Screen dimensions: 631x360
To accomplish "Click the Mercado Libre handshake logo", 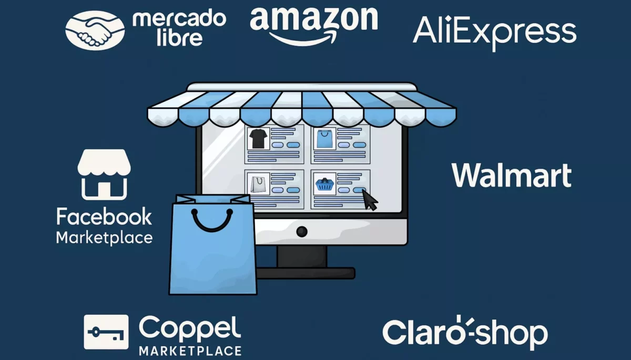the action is click(95, 30).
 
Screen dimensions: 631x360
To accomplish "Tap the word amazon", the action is click(314, 19).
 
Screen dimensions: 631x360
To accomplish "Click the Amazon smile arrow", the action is click(303, 39).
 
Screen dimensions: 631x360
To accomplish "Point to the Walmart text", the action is click(512, 176).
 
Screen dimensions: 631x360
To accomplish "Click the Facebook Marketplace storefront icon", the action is click(104, 174).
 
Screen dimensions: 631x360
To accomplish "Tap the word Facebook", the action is click(104, 217).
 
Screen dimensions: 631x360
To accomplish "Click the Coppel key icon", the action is click(106, 332).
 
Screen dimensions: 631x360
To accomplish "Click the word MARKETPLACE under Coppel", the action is click(190, 351).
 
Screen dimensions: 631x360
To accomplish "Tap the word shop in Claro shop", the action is click(513, 335).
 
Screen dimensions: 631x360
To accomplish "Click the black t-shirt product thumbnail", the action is click(258, 139).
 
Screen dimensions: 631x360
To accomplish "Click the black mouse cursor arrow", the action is click(370, 200).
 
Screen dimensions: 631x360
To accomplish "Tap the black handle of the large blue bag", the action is click(212, 220).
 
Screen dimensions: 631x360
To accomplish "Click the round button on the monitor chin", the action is click(302, 231).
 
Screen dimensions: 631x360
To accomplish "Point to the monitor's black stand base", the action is click(306, 273).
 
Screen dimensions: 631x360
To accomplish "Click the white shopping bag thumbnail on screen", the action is click(258, 184).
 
